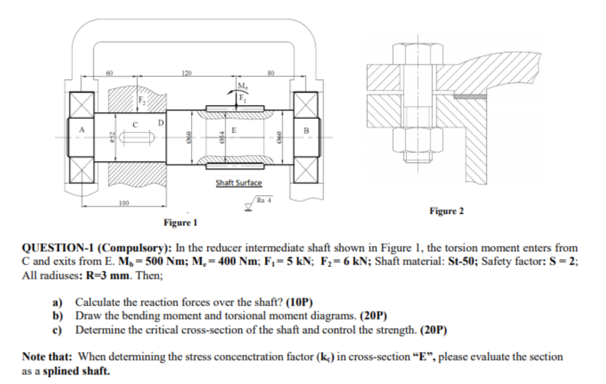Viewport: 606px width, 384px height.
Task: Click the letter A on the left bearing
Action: [82, 130]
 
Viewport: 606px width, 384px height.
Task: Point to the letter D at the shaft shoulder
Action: [160, 122]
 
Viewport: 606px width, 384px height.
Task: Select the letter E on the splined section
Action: [233, 131]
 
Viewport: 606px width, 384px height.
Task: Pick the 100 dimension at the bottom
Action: [124, 203]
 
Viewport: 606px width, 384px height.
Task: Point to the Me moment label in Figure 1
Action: [243, 86]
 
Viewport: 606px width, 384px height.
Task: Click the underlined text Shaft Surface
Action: [239, 183]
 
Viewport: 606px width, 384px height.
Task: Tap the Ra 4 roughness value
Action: [265, 200]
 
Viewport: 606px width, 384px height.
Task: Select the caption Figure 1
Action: [180, 222]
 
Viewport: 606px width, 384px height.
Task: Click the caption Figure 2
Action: [446, 211]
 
